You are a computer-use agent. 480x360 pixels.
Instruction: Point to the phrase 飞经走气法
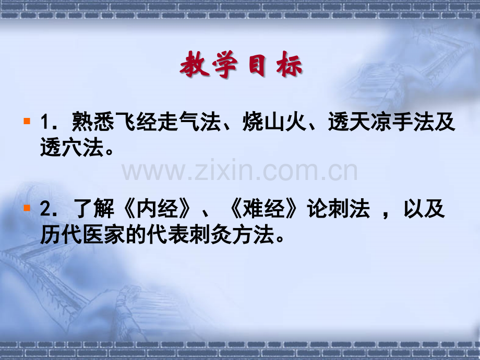point(167,124)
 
